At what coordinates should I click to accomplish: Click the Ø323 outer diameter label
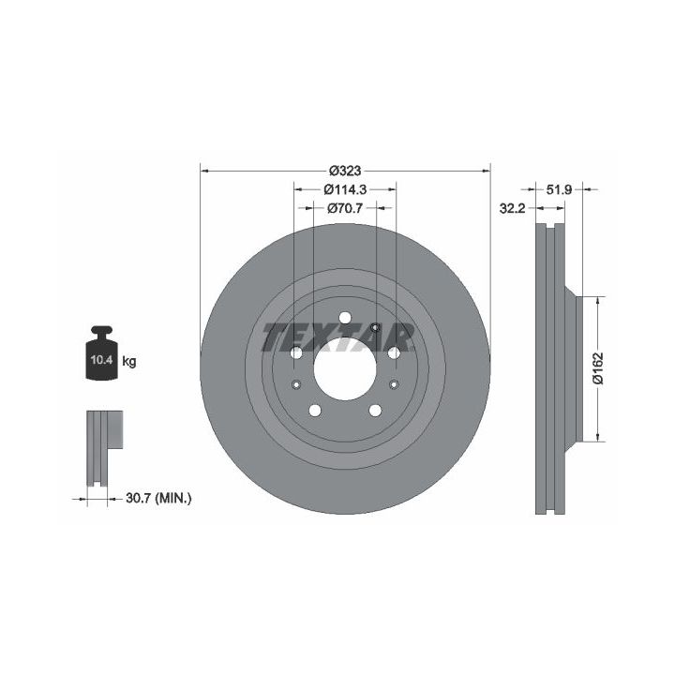click(x=345, y=171)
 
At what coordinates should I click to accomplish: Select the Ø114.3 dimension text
click(x=345, y=189)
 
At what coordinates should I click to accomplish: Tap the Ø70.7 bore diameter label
click(x=345, y=208)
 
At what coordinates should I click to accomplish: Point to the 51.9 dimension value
click(x=559, y=189)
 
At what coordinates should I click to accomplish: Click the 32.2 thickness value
click(x=512, y=209)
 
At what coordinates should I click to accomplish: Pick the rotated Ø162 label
click(x=598, y=368)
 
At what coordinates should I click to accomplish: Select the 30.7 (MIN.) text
click(x=158, y=499)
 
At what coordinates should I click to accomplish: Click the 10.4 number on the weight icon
click(x=101, y=359)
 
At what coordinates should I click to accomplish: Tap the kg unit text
click(x=129, y=361)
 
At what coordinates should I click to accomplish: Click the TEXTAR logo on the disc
click(x=338, y=337)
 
